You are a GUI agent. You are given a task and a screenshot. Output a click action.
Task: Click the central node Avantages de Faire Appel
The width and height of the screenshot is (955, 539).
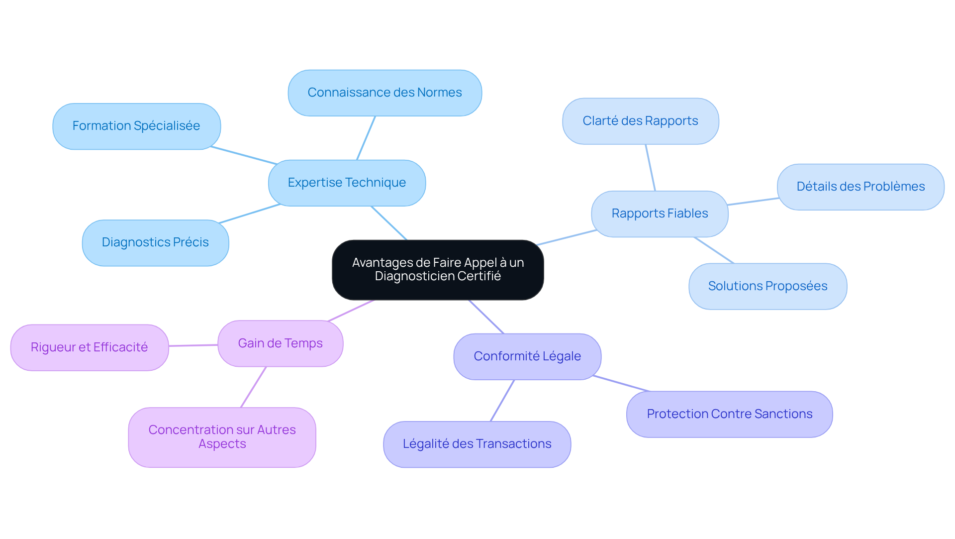(438, 269)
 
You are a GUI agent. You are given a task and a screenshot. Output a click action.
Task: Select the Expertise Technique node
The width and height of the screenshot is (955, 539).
(347, 183)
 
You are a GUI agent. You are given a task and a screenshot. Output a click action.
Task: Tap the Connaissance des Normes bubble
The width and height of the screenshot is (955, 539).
(384, 93)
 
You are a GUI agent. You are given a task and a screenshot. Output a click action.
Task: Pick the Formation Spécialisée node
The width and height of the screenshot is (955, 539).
(136, 126)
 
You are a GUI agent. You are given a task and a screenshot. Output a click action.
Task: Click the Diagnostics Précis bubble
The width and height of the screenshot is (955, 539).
(155, 242)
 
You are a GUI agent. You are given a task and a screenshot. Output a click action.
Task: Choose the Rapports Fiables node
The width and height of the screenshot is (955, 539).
(660, 214)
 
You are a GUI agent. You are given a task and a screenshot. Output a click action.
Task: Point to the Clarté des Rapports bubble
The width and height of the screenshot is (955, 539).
(640, 121)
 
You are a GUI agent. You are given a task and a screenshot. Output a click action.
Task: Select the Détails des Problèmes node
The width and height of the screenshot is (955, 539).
(860, 187)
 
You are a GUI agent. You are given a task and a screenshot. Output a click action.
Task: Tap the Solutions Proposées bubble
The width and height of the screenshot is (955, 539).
(767, 286)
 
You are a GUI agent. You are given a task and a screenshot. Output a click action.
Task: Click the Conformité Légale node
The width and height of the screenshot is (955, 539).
(527, 356)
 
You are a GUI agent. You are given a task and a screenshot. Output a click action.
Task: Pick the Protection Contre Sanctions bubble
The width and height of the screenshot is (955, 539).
(729, 414)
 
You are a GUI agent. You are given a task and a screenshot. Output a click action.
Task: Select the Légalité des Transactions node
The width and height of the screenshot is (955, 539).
(477, 444)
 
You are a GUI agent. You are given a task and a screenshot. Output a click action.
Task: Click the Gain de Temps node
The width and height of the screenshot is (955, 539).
(280, 343)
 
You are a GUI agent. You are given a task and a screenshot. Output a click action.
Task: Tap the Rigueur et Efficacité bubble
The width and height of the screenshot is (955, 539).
(89, 347)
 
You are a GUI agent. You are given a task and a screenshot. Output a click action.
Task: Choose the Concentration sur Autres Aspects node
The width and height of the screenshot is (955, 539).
(222, 437)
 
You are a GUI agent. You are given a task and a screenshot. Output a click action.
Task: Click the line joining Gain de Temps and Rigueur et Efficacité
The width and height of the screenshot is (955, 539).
(193, 345)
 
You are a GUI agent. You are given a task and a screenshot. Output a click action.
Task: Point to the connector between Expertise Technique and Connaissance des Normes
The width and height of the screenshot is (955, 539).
(366, 138)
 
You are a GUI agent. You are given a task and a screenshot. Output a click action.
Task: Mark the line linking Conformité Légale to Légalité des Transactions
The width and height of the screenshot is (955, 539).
(502, 401)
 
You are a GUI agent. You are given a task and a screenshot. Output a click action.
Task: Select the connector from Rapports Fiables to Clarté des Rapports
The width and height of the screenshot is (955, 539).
(650, 168)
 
